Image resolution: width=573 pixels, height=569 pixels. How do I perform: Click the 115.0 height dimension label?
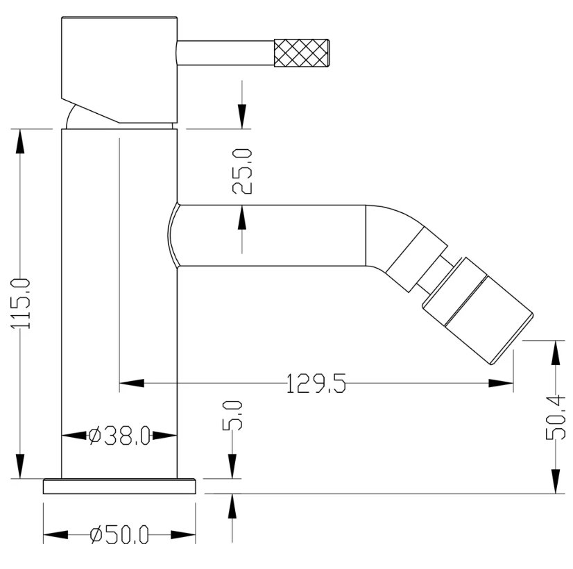point(21,303)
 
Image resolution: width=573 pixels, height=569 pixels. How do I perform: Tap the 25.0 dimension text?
point(242,171)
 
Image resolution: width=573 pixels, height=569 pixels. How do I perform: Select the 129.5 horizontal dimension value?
point(316,383)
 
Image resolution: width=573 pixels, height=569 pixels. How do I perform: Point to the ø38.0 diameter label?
point(119,436)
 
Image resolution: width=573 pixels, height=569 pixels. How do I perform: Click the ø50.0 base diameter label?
point(119,535)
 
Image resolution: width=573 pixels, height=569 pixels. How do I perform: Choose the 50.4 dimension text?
point(555,417)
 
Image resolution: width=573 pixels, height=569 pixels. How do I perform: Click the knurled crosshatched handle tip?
point(302,53)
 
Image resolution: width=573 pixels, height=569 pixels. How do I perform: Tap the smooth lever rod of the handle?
point(225,53)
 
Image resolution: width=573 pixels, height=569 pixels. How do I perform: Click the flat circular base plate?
point(119,486)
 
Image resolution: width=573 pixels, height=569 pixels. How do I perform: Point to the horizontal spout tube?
point(271,235)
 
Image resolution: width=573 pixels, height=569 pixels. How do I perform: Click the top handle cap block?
point(119,69)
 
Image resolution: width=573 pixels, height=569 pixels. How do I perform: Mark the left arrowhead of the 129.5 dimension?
point(132,383)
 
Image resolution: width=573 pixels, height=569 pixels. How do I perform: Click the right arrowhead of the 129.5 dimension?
point(501,383)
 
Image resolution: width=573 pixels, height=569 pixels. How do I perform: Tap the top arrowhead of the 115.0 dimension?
point(21,142)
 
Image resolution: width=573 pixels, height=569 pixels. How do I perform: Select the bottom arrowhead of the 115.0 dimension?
point(21,466)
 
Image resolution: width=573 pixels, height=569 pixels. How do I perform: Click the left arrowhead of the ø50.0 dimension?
point(55,535)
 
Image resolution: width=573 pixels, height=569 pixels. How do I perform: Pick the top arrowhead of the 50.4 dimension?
point(555,353)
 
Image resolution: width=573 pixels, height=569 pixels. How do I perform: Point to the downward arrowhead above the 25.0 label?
point(242,117)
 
